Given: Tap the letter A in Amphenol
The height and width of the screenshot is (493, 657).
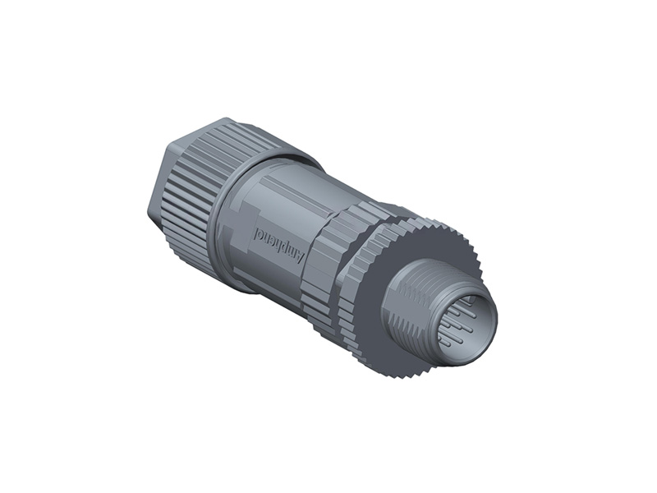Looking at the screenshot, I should coord(300,256).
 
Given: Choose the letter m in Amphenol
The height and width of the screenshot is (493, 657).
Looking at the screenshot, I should coord(292,252).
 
